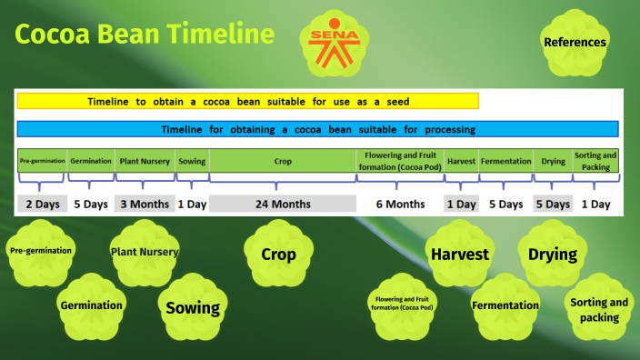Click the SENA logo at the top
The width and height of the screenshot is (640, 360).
point(335,42)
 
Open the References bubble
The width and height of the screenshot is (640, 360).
point(575,43)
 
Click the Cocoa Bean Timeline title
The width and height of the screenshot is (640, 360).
point(145,35)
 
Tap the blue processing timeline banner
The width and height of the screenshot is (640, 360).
point(317,129)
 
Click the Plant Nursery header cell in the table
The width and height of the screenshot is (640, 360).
point(145,161)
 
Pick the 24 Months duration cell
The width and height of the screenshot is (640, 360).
point(283,204)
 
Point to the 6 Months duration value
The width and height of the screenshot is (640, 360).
point(400,204)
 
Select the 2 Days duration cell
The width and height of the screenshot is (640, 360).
point(42,204)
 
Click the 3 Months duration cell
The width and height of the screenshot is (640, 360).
point(145,204)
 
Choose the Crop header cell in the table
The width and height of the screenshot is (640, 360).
point(283,161)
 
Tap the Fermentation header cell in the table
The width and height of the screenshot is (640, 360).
point(505,161)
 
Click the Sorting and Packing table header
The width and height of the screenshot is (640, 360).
point(595,161)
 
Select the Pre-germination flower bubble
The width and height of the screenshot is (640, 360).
point(41,250)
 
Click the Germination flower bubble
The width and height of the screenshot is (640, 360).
point(91,305)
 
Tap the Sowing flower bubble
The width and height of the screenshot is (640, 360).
point(192,307)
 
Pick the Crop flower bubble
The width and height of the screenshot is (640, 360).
point(278,255)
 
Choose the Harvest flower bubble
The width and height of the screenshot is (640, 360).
point(459,255)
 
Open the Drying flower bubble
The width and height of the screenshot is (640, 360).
point(553,255)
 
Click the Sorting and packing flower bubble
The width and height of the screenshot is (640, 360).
point(599,310)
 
